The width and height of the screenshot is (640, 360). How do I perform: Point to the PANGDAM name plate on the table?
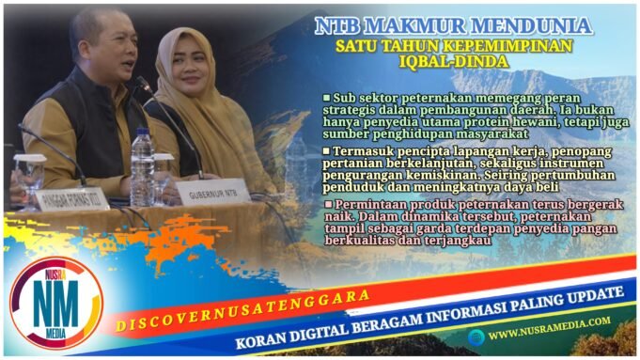tap(71, 200)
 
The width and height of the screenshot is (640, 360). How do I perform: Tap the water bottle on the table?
tap(141, 169)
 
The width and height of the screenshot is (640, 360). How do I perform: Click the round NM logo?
tap(55, 303)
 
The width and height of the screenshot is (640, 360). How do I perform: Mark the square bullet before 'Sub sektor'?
tap(326, 98)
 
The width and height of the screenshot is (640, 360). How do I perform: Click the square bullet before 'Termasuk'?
tap(326, 150)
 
